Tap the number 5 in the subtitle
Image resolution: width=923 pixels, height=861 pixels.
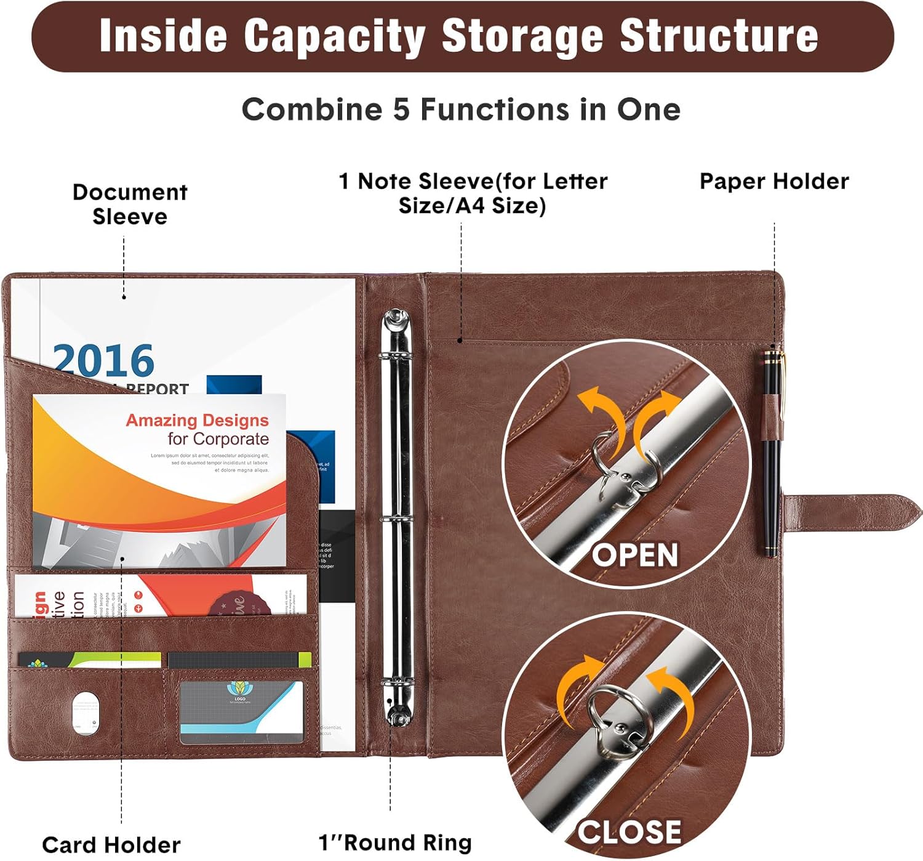point(401,110)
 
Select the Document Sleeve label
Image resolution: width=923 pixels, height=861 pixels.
point(130,204)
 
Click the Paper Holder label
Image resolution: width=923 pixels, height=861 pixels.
point(774,181)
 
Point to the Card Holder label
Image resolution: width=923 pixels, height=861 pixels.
point(111,844)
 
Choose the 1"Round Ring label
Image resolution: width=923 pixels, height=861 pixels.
point(395,842)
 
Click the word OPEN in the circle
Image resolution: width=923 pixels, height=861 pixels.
point(635,555)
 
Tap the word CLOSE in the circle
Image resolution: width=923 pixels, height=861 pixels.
point(629,832)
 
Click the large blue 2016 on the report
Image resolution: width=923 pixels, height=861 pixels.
point(103,361)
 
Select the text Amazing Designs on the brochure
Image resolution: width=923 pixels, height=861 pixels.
point(197,420)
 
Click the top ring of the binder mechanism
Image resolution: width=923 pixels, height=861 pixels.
point(396,357)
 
